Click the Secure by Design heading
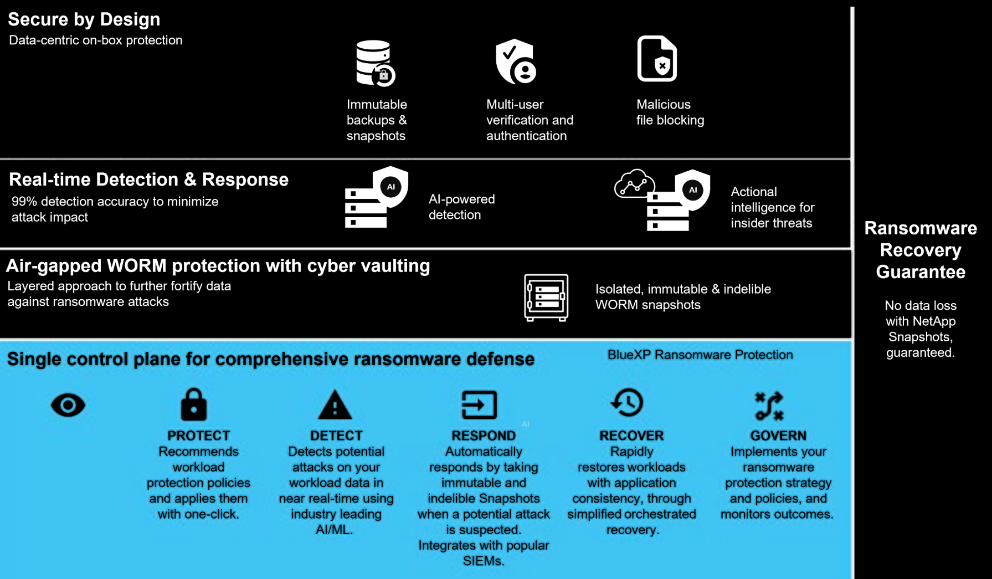click(84, 19)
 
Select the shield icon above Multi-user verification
click(515, 62)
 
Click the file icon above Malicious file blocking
click(657, 59)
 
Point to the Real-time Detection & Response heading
click(148, 180)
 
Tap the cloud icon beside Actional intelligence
click(635, 184)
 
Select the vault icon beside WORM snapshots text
click(546, 298)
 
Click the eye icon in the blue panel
click(68, 405)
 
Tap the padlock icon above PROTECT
click(194, 404)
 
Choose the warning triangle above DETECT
click(335, 405)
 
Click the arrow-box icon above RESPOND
click(479, 404)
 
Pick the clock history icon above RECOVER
click(628, 403)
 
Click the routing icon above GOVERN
click(769, 406)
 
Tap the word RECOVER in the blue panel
click(631, 435)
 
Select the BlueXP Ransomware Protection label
click(700, 355)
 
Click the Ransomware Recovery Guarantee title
click(921, 250)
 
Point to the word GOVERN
click(778, 435)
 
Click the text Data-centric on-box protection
click(96, 40)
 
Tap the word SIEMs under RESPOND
click(484, 561)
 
